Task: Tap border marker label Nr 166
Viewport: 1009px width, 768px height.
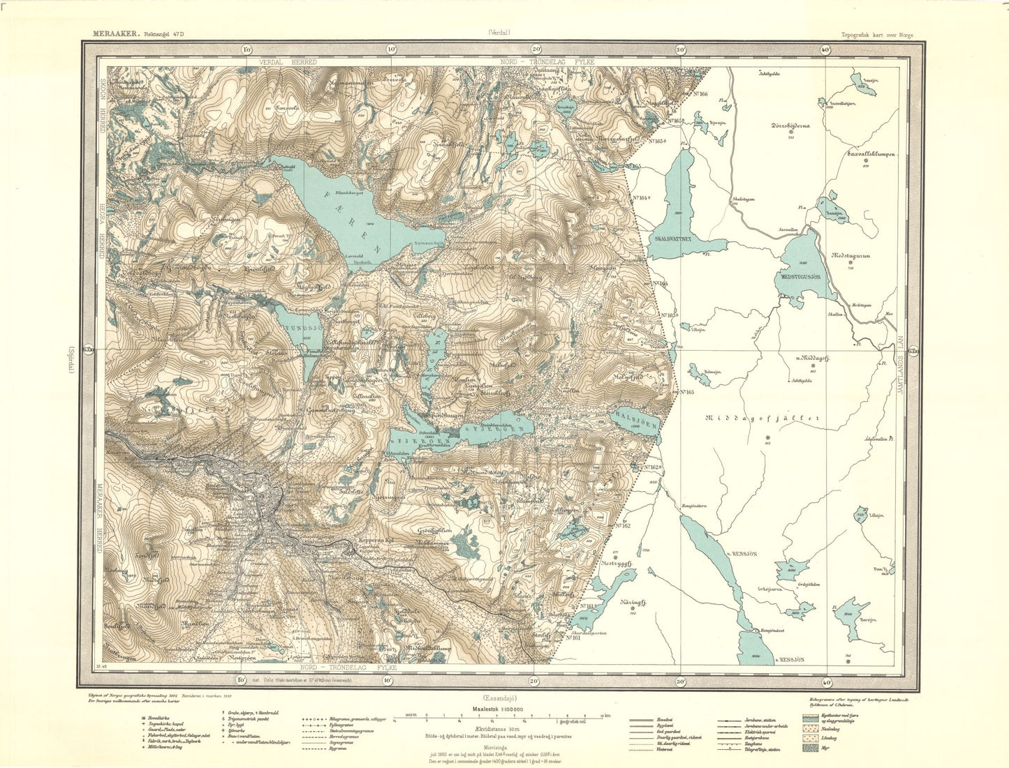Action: tap(698, 93)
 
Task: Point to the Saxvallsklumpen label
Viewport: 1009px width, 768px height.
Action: tap(870, 156)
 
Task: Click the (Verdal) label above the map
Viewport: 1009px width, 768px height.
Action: tap(499, 32)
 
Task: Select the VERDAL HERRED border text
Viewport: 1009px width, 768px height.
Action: tap(288, 62)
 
